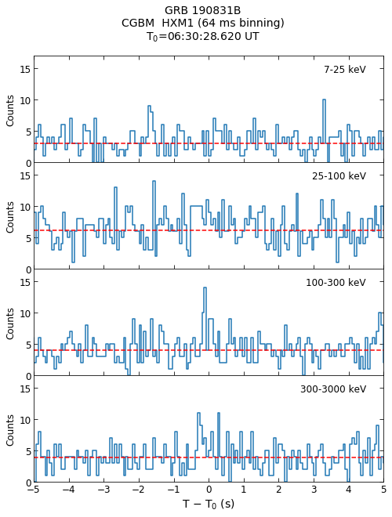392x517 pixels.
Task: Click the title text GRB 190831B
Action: click(x=202, y=10)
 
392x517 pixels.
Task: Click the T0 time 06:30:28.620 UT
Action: click(x=213, y=36)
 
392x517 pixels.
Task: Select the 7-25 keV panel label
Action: click(x=345, y=70)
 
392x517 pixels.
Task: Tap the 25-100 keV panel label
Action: click(x=339, y=176)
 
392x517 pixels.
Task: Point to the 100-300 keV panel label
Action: click(x=336, y=283)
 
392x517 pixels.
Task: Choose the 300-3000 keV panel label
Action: click(x=333, y=389)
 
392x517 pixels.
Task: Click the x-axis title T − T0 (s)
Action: click(x=209, y=504)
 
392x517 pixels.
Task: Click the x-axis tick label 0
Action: click(x=209, y=490)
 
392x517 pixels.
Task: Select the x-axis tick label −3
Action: click(x=103, y=490)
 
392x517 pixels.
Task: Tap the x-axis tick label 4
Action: click(x=349, y=490)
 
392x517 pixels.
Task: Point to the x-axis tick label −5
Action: click(x=34, y=490)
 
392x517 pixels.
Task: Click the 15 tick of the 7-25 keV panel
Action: click(x=25, y=69)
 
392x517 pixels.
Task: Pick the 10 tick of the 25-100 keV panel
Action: click(x=25, y=207)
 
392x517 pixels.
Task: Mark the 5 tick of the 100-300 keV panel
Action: click(x=27, y=345)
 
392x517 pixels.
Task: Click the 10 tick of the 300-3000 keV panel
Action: click(x=25, y=420)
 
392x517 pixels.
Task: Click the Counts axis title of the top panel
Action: click(x=10, y=110)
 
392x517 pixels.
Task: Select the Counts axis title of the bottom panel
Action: click(x=10, y=430)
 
